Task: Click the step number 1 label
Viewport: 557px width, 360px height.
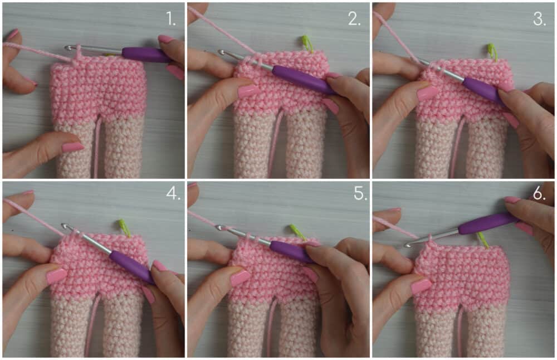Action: pyautogui.click(x=170, y=18)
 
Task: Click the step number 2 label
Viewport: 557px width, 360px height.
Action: pyautogui.click(x=354, y=18)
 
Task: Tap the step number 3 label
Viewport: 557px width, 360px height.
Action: pyautogui.click(x=539, y=18)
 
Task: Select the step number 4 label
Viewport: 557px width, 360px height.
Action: pyautogui.click(x=173, y=193)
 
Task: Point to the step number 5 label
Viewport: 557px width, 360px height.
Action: pyautogui.click(x=360, y=193)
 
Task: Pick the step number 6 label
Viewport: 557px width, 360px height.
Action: pyautogui.click(x=539, y=193)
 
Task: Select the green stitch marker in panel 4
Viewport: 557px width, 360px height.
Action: pyautogui.click(x=124, y=228)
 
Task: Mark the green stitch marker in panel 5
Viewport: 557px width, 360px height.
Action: pyautogui.click(x=297, y=232)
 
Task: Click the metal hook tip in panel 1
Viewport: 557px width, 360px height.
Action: pyautogui.click(x=68, y=47)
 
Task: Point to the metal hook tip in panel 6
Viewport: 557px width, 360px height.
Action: pyautogui.click(x=408, y=244)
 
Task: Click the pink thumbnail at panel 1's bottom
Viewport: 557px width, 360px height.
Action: pyautogui.click(x=72, y=147)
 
